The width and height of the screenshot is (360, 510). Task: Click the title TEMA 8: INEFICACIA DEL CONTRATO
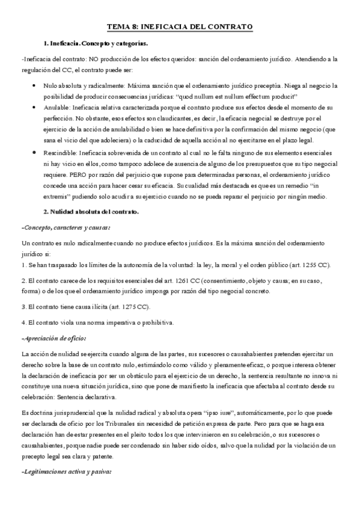[179, 27]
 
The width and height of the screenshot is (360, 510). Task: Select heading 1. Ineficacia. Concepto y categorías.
[96, 44]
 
